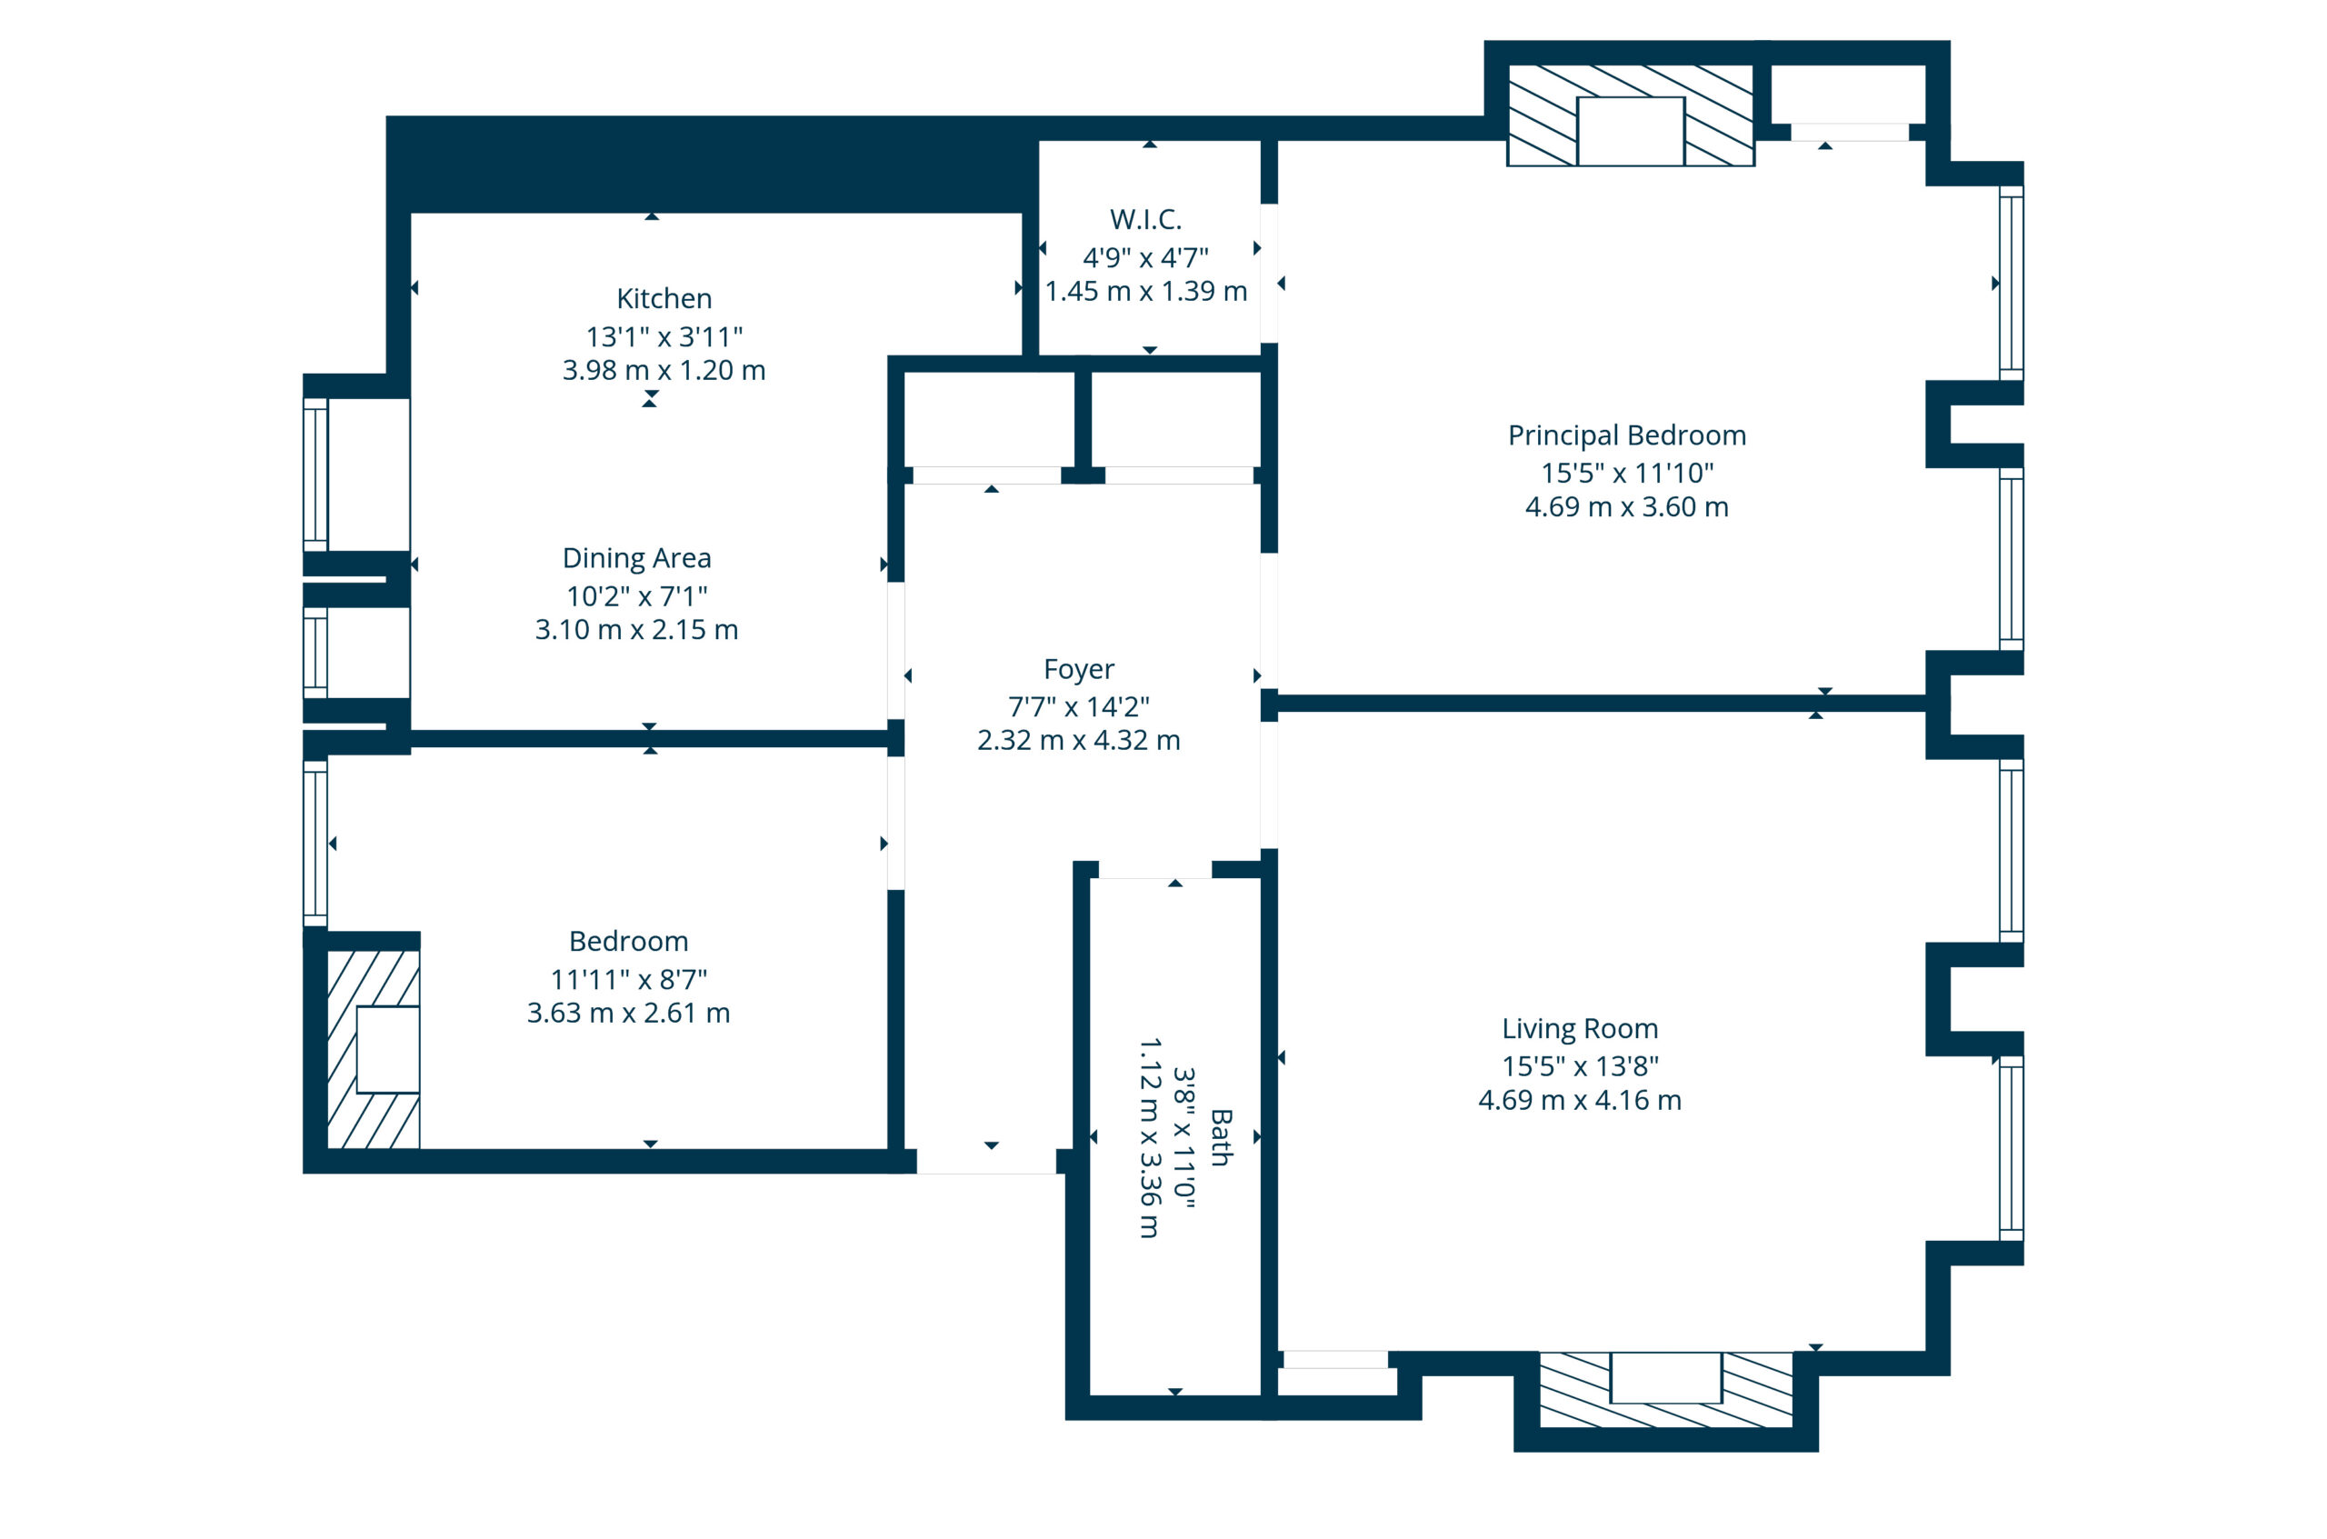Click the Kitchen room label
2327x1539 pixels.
pyautogui.click(x=664, y=298)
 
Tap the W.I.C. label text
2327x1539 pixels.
pyautogui.click(x=1145, y=219)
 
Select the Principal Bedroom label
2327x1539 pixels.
pyautogui.click(x=1626, y=435)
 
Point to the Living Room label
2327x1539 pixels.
pyautogui.click(x=1580, y=1029)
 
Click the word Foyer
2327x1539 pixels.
pyautogui.click(x=1079, y=669)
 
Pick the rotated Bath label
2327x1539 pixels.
pyautogui.click(x=1221, y=1137)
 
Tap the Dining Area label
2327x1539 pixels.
pyautogui.click(x=636, y=558)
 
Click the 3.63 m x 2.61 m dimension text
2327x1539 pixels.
pyautogui.click(x=628, y=1013)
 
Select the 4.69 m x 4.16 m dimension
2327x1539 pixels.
pyautogui.click(x=1580, y=1100)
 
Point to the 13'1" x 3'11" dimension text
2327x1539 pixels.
pyautogui.click(x=664, y=336)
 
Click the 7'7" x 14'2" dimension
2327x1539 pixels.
pyautogui.click(x=1079, y=706)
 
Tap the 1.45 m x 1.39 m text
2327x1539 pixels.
pyautogui.click(x=1145, y=292)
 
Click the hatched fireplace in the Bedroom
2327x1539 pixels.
pyautogui.click(x=373, y=1048)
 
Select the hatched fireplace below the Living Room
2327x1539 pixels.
pyautogui.click(x=1665, y=1390)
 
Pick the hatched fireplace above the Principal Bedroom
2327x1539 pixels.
pyautogui.click(x=1630, y=115)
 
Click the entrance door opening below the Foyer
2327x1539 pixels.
pyautogui.click(x=986, y=1161)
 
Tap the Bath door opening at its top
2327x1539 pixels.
pyautogui.click(x=1155, y=870)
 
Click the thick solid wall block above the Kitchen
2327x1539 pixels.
pyautogui.click(x=713, y=164)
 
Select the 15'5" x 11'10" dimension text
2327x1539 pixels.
pyautogui.click(x=1626, y=473)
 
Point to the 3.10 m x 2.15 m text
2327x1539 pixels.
pyautogui.click(x=636, y=630)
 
